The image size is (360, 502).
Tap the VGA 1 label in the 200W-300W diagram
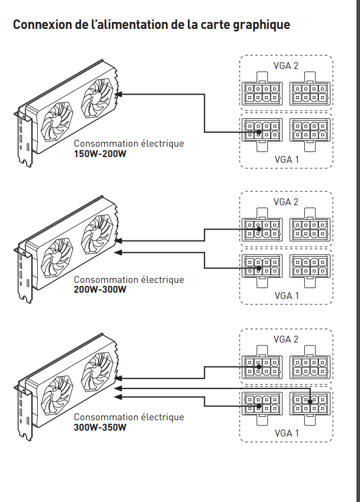point(286,296)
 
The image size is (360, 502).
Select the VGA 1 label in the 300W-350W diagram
point(286,433)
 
